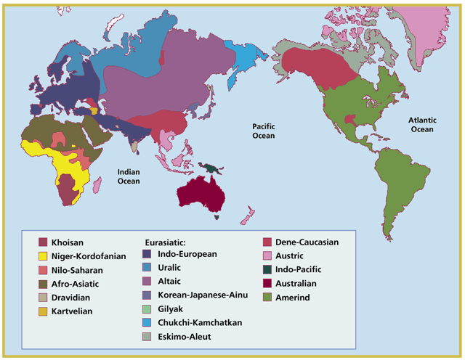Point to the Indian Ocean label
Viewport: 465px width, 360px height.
[x=134, y=176]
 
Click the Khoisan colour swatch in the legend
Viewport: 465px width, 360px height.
[x=44, y=242]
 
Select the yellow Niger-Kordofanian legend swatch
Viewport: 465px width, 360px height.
[x=44, y=255]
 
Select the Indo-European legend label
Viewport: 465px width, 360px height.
[x=186, y=254]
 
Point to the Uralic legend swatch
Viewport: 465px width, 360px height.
[x=147, y=268]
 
